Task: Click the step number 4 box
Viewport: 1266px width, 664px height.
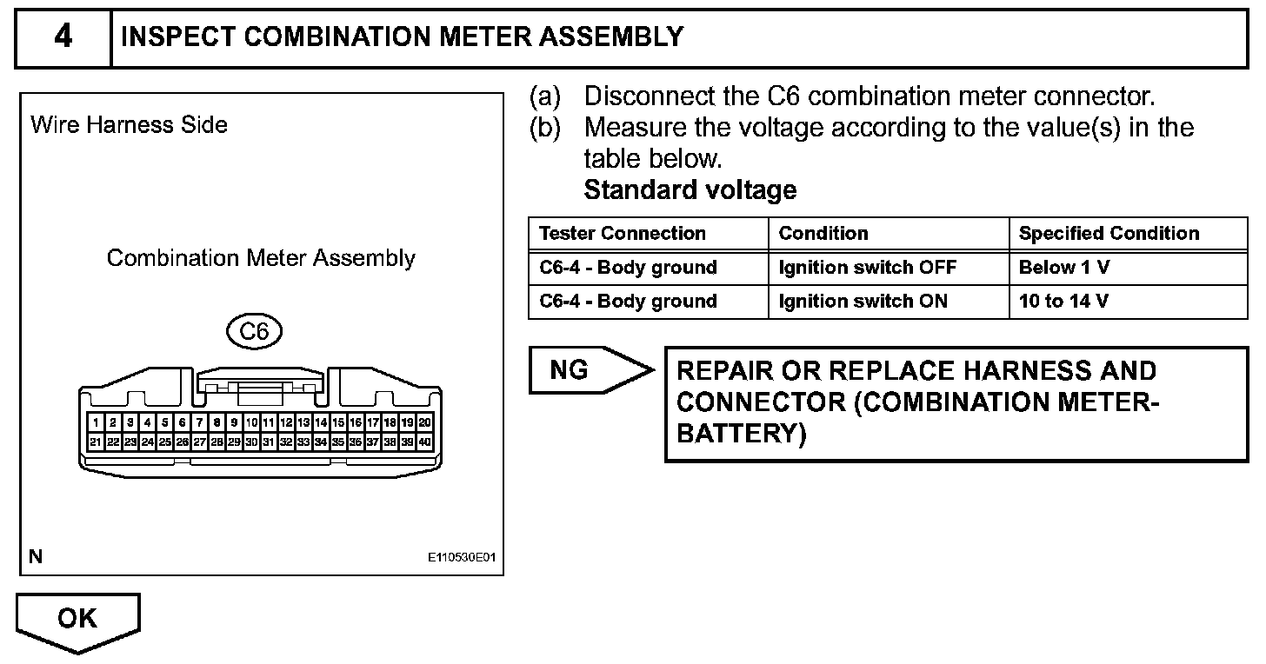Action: pos(63,38)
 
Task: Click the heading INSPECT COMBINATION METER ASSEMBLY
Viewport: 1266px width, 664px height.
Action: pos(403,37)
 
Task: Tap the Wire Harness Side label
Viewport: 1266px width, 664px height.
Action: pos(129,125)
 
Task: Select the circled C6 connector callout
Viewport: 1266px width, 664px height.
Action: pos(254,331)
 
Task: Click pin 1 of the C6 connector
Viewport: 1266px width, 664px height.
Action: pos(95,423)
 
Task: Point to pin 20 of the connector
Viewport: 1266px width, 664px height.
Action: pos(424,423)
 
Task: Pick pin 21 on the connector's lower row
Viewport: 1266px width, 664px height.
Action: pos(95,442)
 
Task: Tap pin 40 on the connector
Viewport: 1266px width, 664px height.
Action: pos(424,442)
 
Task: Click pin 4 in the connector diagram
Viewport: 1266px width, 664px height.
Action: pos(147,423)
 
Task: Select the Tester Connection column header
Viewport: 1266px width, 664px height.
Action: pos(623,234)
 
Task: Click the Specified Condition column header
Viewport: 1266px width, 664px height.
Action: pos(1109,234)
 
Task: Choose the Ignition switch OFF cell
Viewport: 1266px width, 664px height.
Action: pos(867,268)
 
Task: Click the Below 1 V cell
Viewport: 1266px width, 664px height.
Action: pos(1063,268)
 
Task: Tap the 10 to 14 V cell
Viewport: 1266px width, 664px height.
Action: pos(1063,302)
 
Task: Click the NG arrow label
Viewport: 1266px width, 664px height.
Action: pos(570,371)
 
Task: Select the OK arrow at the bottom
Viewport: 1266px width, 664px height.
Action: pos(77,619)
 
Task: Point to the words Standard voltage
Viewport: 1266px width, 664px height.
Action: pos(690,190)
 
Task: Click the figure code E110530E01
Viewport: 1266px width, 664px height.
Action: pos(461,557)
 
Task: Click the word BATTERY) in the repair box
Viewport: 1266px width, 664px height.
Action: pos(741,434)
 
